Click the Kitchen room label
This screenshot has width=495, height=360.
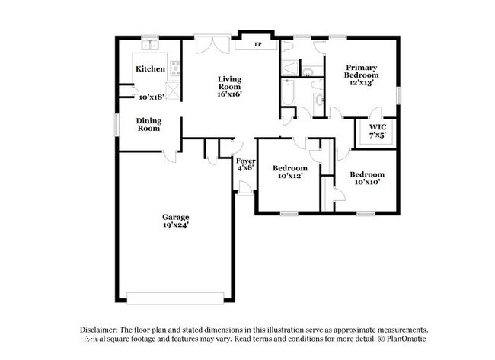tap(150, 69)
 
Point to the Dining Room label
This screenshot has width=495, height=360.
tap(148, 124)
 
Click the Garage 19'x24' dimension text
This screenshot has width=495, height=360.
tap(174, 225)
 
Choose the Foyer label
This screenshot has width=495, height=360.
tap(244, 161)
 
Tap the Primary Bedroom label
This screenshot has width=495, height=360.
tap(362, 72)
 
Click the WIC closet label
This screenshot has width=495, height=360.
tap(377, 127)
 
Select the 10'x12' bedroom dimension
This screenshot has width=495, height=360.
tap(290, 177)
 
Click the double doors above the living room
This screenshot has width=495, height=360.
tap(209, 43)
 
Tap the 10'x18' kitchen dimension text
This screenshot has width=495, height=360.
tap(151, 97)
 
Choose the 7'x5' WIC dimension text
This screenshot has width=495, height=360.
tap(377, 135)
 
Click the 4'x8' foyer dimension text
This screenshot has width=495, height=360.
tap(244, 169)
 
